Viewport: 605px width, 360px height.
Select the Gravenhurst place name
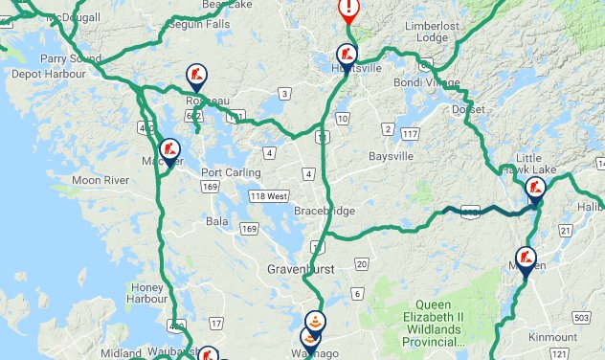click(x=301, y=269)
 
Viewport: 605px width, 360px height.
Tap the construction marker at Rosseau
click(x=196, y=76)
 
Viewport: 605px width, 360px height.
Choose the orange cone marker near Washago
click(x=314, y=324)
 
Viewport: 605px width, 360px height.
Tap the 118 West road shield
click(x=269, y=196)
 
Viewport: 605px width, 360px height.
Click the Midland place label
click(x=122, y=353)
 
